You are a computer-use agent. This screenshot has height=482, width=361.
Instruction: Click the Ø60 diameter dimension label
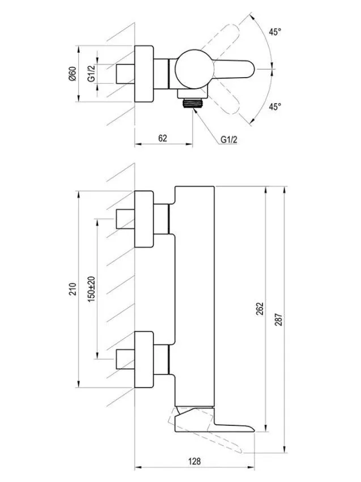[x=73, y=74]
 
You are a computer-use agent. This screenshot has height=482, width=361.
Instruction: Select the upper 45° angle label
[x=275, y=32]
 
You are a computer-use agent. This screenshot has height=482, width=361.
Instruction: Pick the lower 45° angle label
[x=275, y=106]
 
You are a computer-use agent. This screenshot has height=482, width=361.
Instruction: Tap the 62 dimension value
[x=163, y=138]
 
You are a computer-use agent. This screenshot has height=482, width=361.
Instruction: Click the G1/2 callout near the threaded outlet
[x=229, y=139]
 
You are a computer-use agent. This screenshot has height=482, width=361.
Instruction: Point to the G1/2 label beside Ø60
[x=91, y=73]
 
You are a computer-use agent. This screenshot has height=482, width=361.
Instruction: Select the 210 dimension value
[x=73, y=289]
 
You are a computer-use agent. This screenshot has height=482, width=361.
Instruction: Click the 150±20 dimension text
[x=91, y=289]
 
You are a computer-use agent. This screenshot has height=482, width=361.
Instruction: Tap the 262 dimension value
[x=260, y=309]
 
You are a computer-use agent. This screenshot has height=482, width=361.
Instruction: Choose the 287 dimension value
[x=278, y=319]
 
